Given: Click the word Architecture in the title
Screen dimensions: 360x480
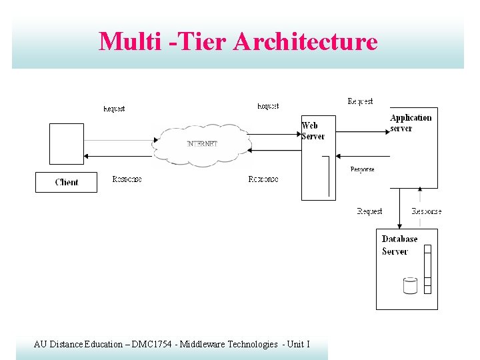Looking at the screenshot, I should coord(305,41).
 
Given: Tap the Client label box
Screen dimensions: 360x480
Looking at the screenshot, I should coord(66,182).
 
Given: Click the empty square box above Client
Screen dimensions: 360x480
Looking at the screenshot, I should coord(67,143).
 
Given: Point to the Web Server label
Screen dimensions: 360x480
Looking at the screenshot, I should coord(313,131).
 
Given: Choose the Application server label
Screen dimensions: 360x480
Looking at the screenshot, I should coord(410,123).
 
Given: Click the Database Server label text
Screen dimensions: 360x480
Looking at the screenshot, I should coord(399,245).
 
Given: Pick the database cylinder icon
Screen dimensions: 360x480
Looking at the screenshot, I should coord(410,285).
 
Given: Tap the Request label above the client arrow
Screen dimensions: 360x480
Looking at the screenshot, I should coord(114,109).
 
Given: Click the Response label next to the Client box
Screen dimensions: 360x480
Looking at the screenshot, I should coord(127,179).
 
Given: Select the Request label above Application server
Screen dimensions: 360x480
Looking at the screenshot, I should coord(360,101).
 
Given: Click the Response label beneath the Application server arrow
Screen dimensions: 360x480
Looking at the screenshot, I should coord(362,169).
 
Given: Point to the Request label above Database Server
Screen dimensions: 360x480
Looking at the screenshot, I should coord(369,211).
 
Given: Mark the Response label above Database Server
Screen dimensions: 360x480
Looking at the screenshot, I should coord(426,211).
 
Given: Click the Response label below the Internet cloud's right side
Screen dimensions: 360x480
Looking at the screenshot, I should coord(263,179).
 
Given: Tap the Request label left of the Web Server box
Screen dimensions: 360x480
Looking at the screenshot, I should coord(268,107).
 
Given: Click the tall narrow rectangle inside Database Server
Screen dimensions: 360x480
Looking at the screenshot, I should coord(427,269).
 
